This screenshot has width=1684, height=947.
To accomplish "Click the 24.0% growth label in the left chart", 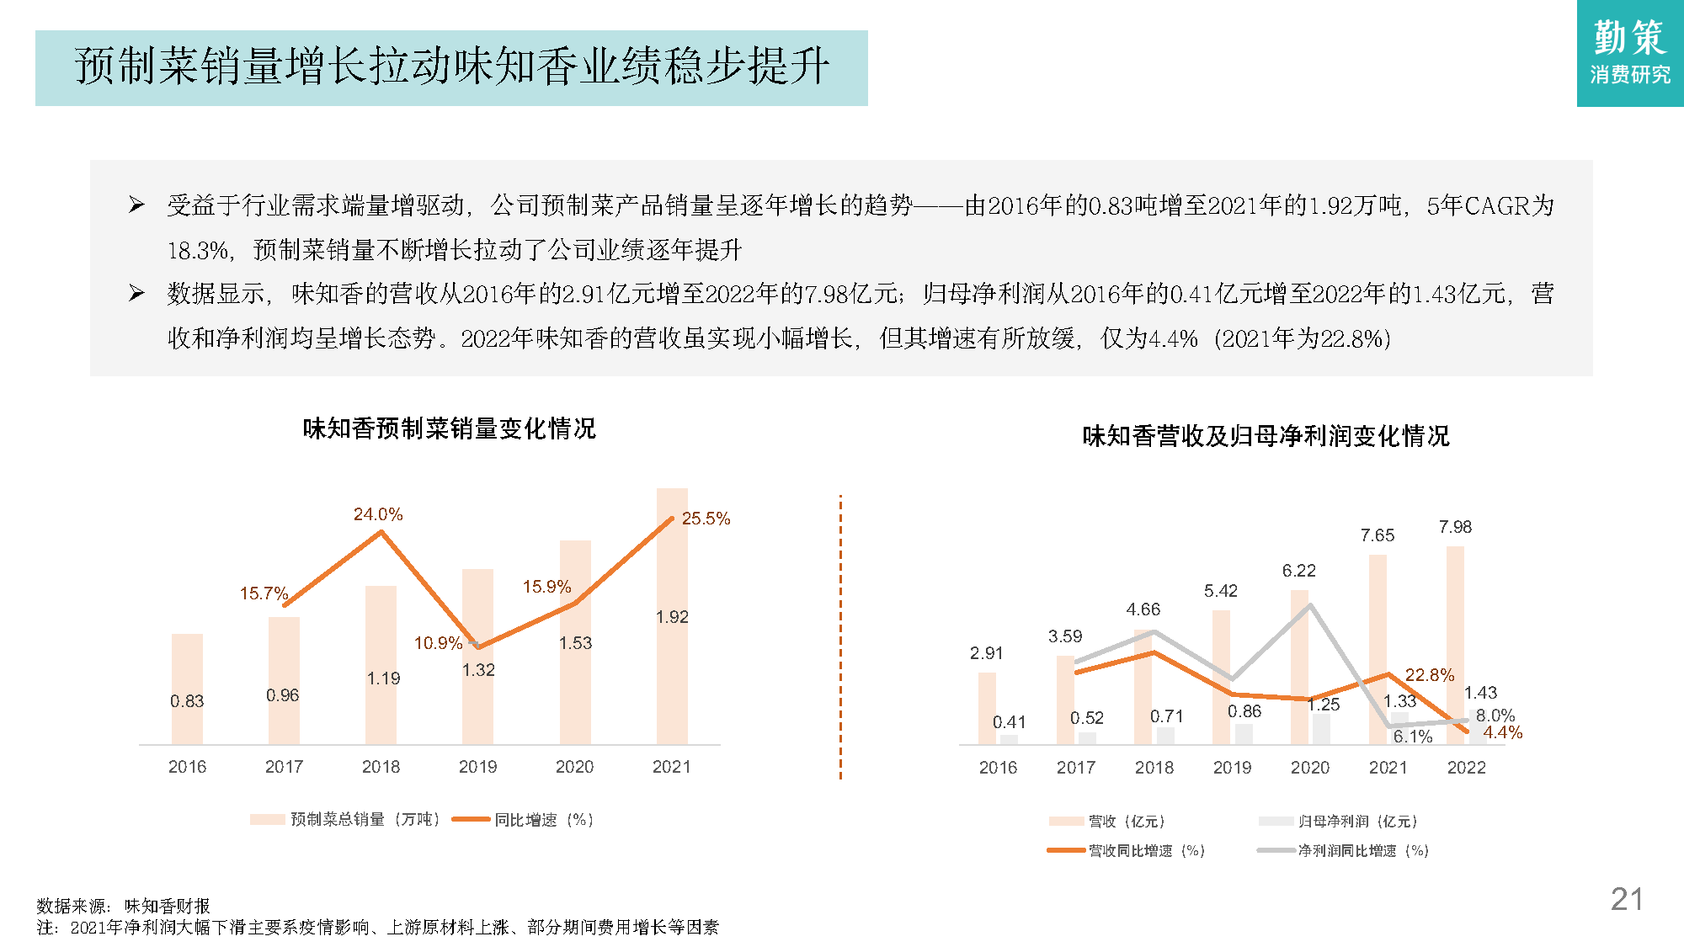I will pos(378,514).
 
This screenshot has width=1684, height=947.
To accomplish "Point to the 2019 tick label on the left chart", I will pos(477,767).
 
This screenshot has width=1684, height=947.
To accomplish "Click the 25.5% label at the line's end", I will pos(706,519).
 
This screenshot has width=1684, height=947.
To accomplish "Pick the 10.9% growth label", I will pos(438,643).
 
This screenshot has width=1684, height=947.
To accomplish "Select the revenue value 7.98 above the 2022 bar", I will pos(1455,527).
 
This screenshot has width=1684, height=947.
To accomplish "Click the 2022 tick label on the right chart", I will pos(1466,768).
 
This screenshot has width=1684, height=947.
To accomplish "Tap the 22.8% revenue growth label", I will pos(1429,675).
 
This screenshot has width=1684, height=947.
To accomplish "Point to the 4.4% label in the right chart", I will pos(1502,732).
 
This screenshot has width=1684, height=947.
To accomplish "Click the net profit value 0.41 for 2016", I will pos(1009,722).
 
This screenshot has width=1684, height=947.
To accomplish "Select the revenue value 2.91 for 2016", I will pos(986,653).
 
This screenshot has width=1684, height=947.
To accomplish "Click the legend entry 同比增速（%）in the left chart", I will pos(543,820).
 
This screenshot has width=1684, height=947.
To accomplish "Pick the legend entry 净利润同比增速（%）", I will pos(1362,851).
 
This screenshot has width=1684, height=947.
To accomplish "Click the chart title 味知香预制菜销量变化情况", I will pos(449,428).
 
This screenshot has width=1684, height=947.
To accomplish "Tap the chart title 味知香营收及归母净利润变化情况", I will pos(1266,436).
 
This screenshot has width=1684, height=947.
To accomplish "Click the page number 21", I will pos(1626,899).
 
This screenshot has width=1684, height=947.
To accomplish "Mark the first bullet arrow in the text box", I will pos(136,205).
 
